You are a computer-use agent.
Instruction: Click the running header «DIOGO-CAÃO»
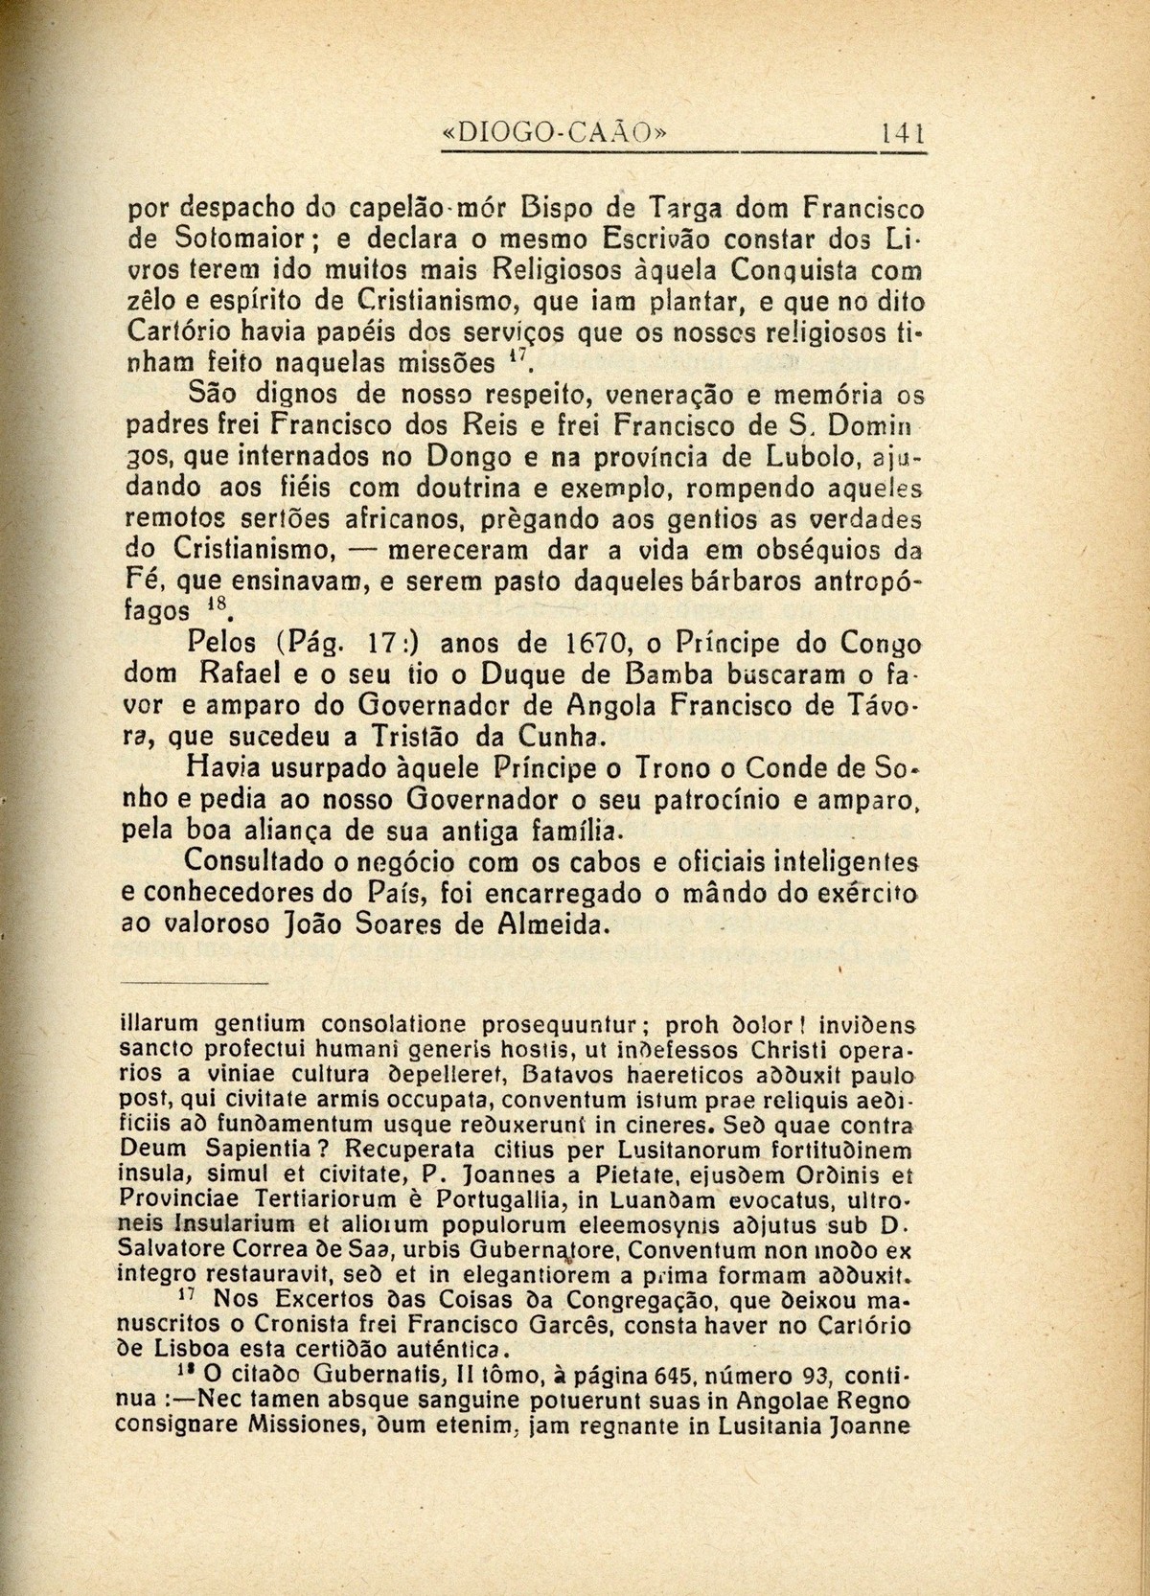[x=552, y=131]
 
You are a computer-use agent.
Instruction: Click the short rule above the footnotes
[x=197, y=984]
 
